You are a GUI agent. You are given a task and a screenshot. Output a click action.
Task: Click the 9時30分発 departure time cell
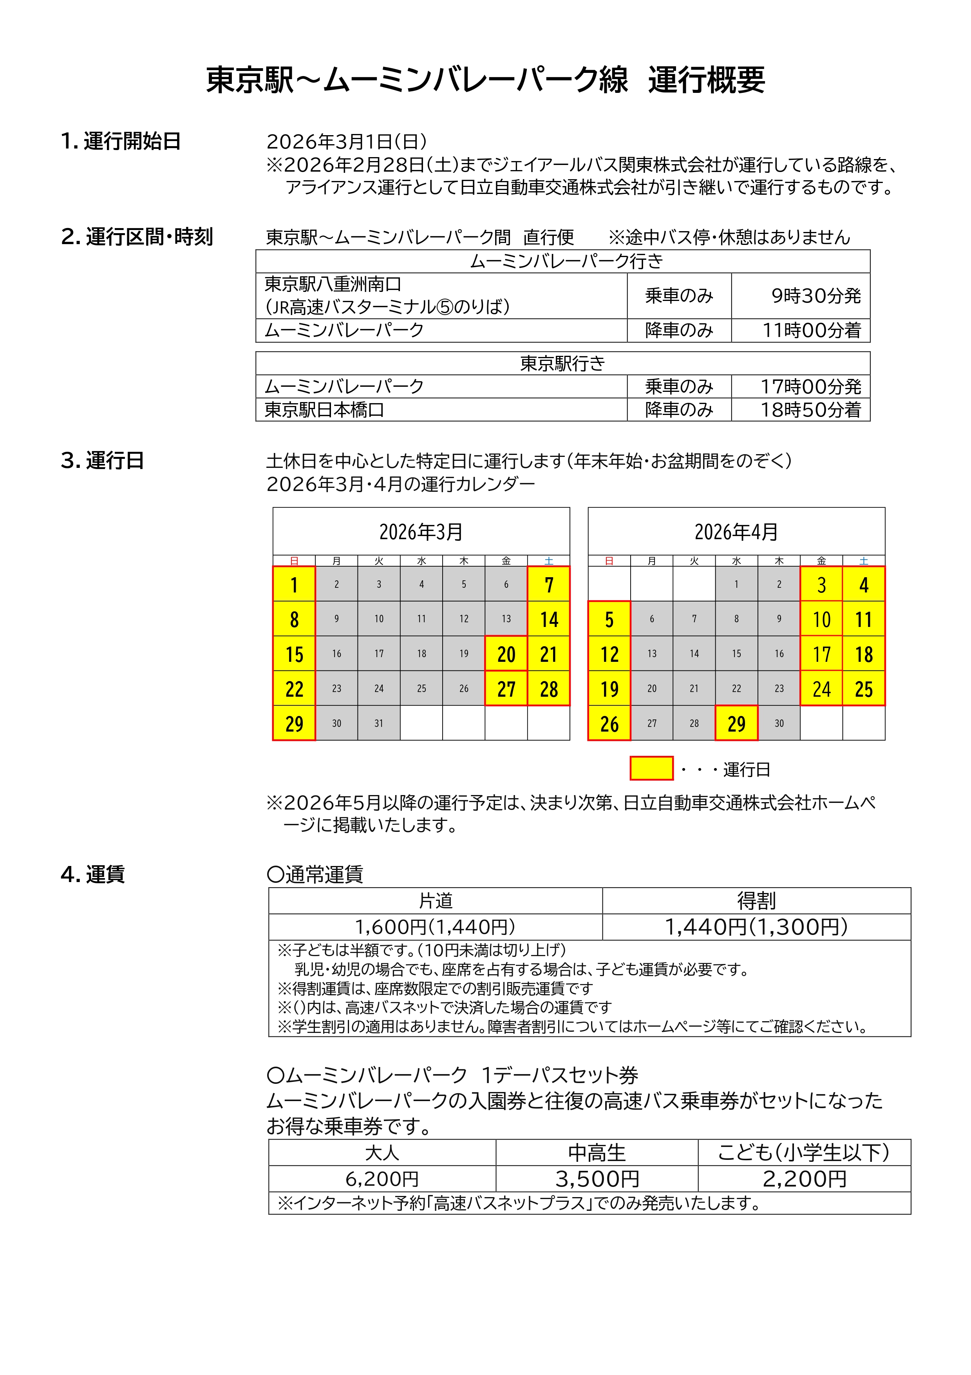(815, 296)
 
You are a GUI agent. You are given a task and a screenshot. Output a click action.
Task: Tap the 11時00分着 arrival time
(811, 330)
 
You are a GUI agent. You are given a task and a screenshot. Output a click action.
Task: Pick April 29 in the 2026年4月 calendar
(736, 723)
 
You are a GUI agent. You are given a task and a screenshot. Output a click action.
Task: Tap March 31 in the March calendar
(379, 723)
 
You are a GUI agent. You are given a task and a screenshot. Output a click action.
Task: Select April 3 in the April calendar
(821, 585)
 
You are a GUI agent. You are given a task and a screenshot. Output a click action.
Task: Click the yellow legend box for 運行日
(651, 768)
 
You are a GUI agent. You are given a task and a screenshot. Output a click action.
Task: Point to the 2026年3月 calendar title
(421, 532)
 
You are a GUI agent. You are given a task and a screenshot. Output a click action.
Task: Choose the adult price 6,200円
(382, 1179)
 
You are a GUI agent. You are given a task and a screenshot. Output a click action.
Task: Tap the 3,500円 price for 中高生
(597, 1179)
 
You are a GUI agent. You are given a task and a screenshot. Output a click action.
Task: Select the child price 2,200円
(804, 1179)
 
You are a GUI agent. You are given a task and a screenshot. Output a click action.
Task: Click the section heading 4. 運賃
(93, 874)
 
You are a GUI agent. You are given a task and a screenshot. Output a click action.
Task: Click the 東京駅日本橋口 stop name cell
(324, 409)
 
